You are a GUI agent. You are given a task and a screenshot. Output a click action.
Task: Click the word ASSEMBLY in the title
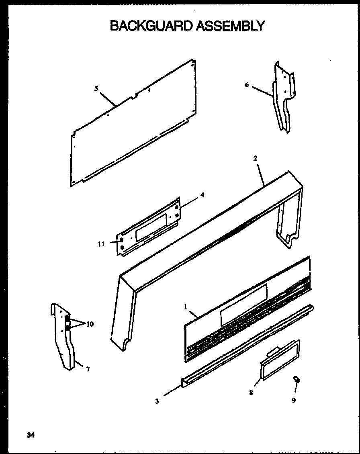(230, 26)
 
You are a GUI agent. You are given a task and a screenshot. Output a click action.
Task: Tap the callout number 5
(96, 89)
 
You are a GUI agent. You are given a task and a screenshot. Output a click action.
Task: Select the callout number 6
(247, 85)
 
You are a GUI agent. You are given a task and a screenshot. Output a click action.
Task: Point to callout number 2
(255, 158)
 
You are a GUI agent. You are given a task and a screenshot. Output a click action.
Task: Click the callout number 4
(202, 195)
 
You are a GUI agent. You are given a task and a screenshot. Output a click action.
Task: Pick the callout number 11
(101, 243)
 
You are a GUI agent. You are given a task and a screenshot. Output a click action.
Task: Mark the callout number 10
(90, 324)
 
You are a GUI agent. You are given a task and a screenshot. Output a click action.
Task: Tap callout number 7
(88, 369)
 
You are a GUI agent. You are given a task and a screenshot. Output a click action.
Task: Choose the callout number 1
(186, 307)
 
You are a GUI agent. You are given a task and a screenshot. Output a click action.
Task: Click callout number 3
(157, 401)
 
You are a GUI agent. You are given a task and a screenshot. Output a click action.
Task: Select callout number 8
(251, 393)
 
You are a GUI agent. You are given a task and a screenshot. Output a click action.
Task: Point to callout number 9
(294, 400)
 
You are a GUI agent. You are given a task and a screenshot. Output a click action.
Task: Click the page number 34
(31, 435)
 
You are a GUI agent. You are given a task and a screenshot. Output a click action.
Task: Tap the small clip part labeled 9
(296, 379)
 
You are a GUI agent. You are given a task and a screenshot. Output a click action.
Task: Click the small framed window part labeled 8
(280, 359)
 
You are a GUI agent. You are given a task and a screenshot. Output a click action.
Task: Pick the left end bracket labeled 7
(64, 337)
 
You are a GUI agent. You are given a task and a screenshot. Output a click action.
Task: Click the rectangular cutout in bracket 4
(150, 227)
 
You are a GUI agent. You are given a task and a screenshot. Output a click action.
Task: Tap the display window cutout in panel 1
(243, 305)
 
